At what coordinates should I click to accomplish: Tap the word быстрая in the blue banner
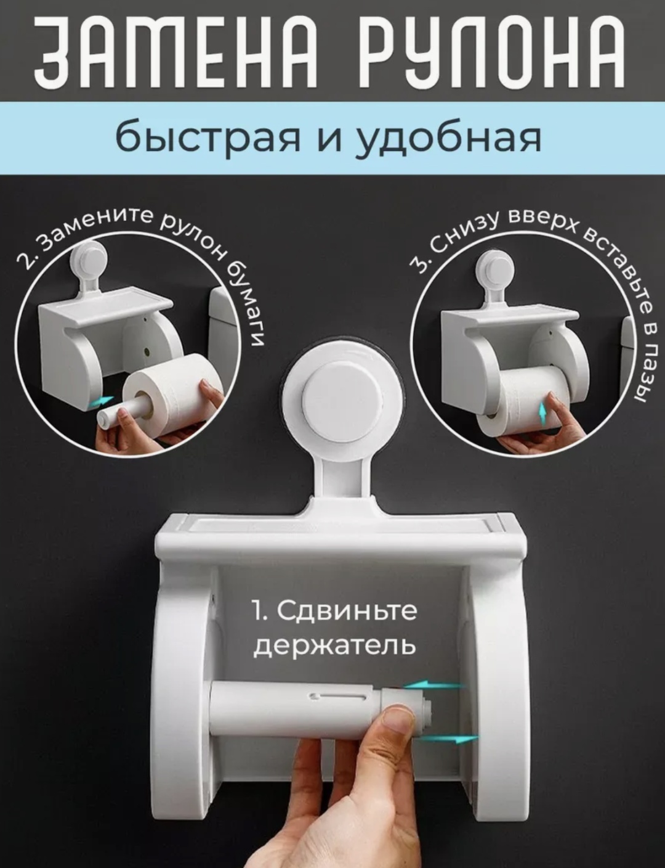pyautogui.click(x=208, y=138)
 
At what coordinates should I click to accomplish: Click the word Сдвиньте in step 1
pyautogui.click(x=347, y=611)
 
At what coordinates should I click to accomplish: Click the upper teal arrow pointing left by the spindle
pyautogui.click(x=435, y=686)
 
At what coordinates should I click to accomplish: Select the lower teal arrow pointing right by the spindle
pyautogui.click(x=447, y=740)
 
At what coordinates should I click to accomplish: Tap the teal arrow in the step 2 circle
pyautogui.click(x=100, y=401)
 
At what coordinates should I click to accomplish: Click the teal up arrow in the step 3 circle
pyautogui.click(x=542, y=411)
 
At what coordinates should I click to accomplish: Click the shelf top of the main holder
pyautogui.click(x=342, y=530)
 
